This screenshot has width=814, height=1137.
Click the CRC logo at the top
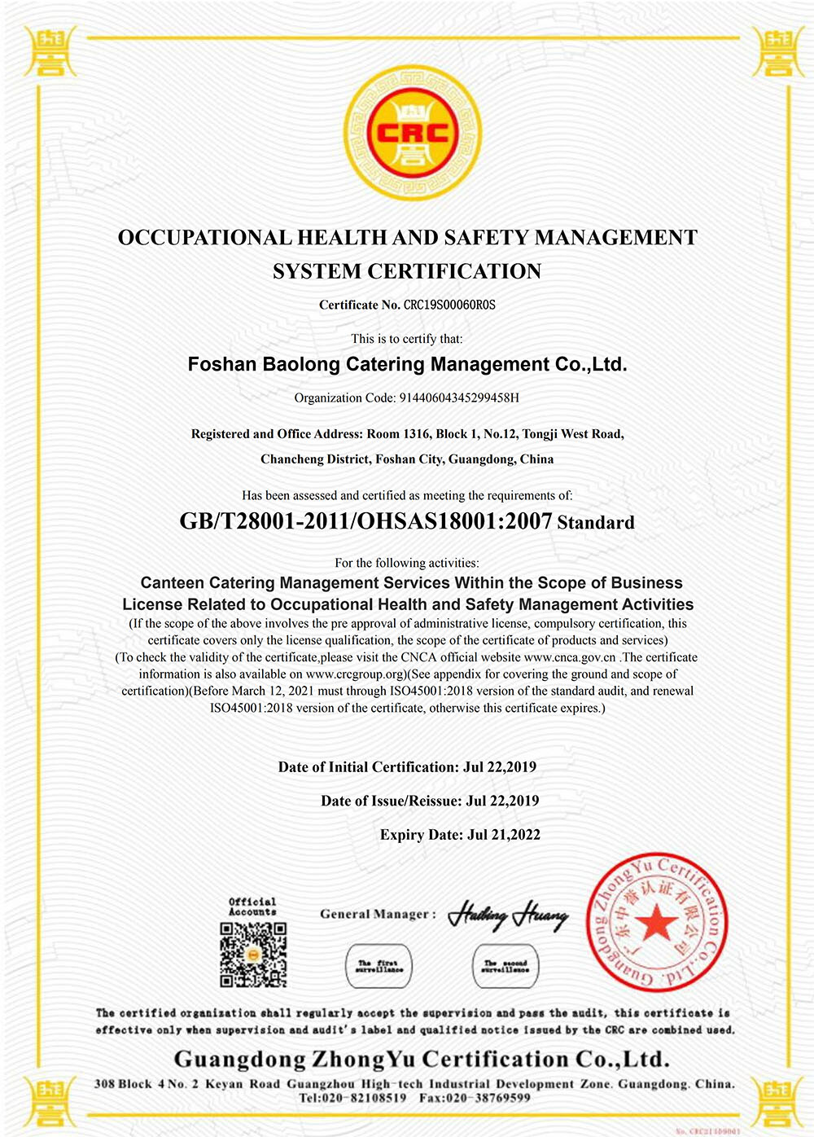(412, 134)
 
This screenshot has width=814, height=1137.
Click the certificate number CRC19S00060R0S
(449, 305)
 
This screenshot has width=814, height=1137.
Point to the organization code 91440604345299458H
(459, 398)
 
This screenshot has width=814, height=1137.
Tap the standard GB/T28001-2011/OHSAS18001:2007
(365, 521)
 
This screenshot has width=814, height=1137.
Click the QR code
(253, 955)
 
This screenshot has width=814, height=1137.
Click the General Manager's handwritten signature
(508, 915)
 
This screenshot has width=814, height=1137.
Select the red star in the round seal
(656, 924)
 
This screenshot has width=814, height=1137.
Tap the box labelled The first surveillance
(379, 966)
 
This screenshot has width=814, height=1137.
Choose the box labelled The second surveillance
(505, 966)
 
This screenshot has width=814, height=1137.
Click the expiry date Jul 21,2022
(504, 835)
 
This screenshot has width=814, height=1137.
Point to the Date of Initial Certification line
(407, 767)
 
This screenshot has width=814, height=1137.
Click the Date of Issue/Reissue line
(430, 801)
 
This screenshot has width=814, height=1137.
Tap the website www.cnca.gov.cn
(570, 657)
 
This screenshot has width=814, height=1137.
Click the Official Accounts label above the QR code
(252, 907)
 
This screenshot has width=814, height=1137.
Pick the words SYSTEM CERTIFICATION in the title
(407, 271)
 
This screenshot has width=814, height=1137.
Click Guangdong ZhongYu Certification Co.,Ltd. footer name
(422, 1060)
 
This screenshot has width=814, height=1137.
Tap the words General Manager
(374, 914)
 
